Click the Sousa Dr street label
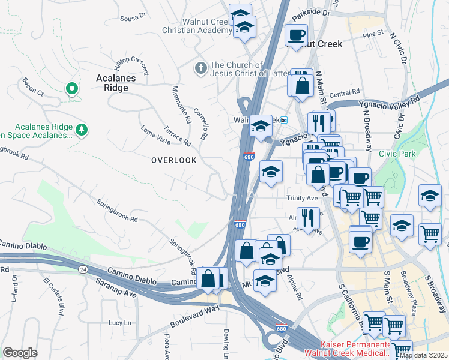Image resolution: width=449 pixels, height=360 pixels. (x=133, y=16)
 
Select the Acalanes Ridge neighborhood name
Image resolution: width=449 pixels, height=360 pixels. (x=116, y=83)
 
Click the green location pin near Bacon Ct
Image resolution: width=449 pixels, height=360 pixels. (x=72, y=89)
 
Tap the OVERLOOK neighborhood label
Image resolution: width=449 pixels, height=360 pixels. (x=174, y=160)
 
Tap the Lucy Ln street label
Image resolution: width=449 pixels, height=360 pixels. (x=119, y=323)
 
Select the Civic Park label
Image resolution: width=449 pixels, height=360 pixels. (x=397, y=154)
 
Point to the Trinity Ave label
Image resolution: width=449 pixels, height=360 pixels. (x=301, y=197)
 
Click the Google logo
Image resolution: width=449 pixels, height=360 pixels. (x=20, y=353)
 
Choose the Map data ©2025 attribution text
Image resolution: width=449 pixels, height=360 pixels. (x=423, y=355)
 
